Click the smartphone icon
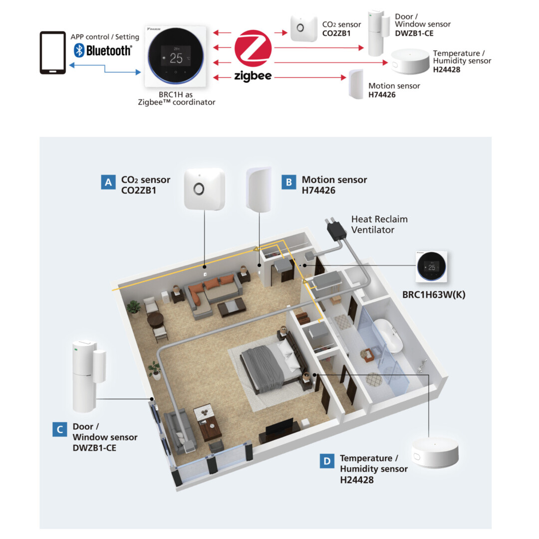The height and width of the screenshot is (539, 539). pos(52,53)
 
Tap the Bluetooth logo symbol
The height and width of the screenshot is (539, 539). pos(78,50)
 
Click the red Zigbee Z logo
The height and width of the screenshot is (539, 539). pos(253,49)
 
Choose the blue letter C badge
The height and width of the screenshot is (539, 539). pos(59,429)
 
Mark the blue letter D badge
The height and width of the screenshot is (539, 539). pos(327,461)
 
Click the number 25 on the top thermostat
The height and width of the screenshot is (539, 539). pos(176,58)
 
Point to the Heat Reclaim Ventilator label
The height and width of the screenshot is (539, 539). pos(379,225)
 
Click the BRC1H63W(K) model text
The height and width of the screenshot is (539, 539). pos(434,294)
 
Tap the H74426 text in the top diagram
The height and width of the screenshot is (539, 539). pos(382,94)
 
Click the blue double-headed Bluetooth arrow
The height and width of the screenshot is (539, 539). pos(105,68)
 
